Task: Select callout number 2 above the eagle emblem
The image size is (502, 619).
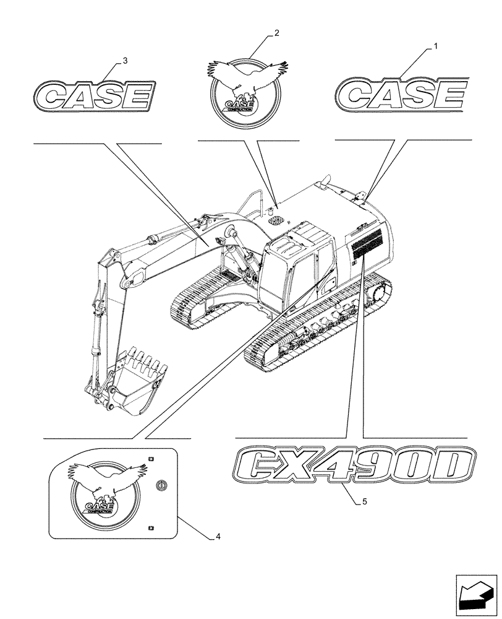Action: click(x=276, y=33)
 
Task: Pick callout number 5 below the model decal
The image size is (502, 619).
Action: click(x=365, y=502)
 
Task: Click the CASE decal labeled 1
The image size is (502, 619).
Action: click(x=401, y=96)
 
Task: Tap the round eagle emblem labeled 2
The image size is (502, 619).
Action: click(x=245, y=90)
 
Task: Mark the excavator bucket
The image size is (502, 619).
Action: click(x=143, y=384)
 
